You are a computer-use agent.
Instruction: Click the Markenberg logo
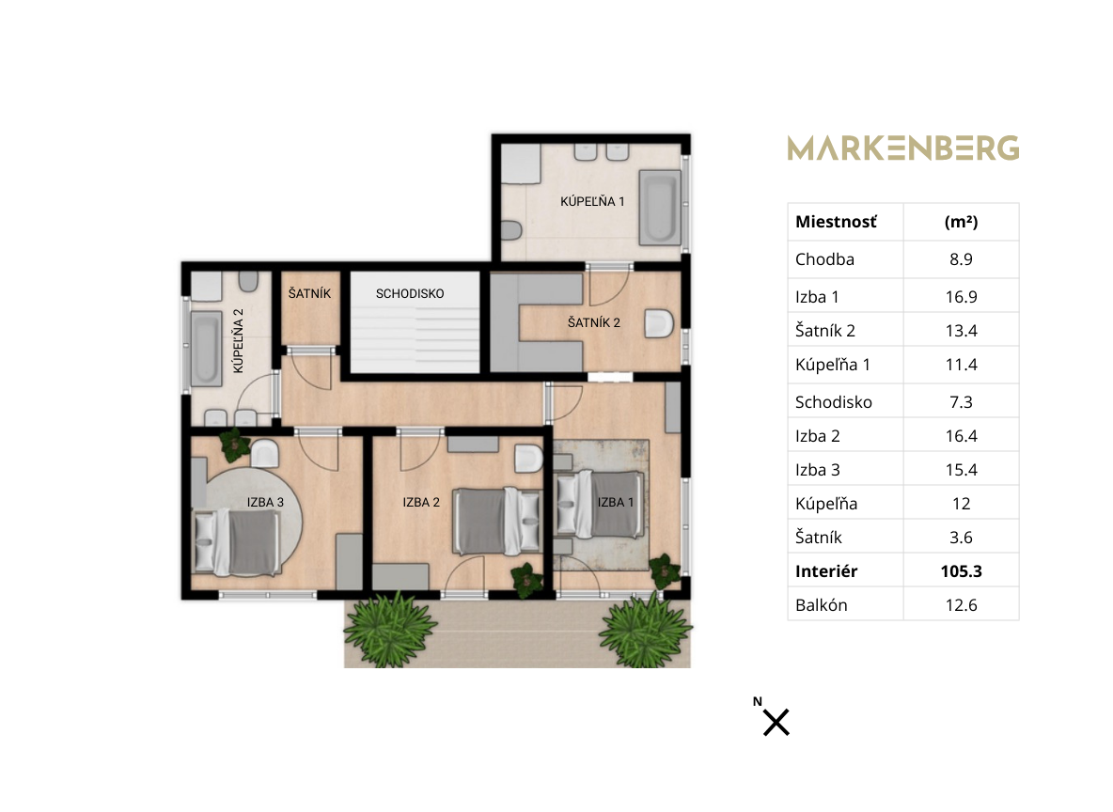tap(902, 148)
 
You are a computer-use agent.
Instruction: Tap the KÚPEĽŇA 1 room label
tap(593, 201)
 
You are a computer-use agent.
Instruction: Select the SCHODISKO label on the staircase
tap(410, 293)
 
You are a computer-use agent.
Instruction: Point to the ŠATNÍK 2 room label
tap(594, 323)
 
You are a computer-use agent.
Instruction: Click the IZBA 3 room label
tap(265, 503)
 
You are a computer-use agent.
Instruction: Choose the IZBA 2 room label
tap(422, 503)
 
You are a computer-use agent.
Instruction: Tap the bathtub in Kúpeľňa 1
tap(660, 207)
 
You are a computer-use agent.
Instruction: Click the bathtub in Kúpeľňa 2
tap(207, 348)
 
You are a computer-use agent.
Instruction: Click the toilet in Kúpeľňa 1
tap(511, 230)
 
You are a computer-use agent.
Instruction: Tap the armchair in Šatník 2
tap(659, 323)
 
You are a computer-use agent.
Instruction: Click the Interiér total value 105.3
tap(961, 571)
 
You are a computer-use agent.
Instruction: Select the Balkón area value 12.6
tap(961, 605)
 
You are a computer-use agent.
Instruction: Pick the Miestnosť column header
tap(837, 222)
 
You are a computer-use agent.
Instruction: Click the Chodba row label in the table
tap(824, 259)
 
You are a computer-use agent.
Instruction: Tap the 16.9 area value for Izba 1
tap(961, 297)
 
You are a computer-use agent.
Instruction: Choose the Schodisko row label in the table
tap(833, 402)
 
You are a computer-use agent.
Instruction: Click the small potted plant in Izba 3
tap(234, 445)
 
